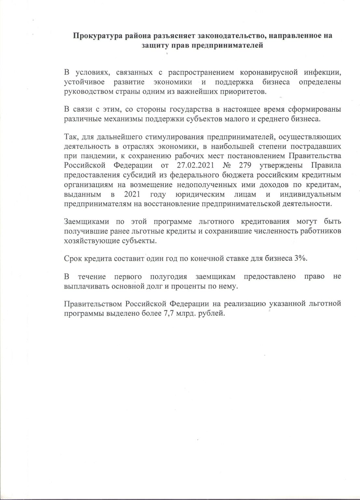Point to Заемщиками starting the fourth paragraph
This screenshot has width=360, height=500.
click(86, 223)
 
